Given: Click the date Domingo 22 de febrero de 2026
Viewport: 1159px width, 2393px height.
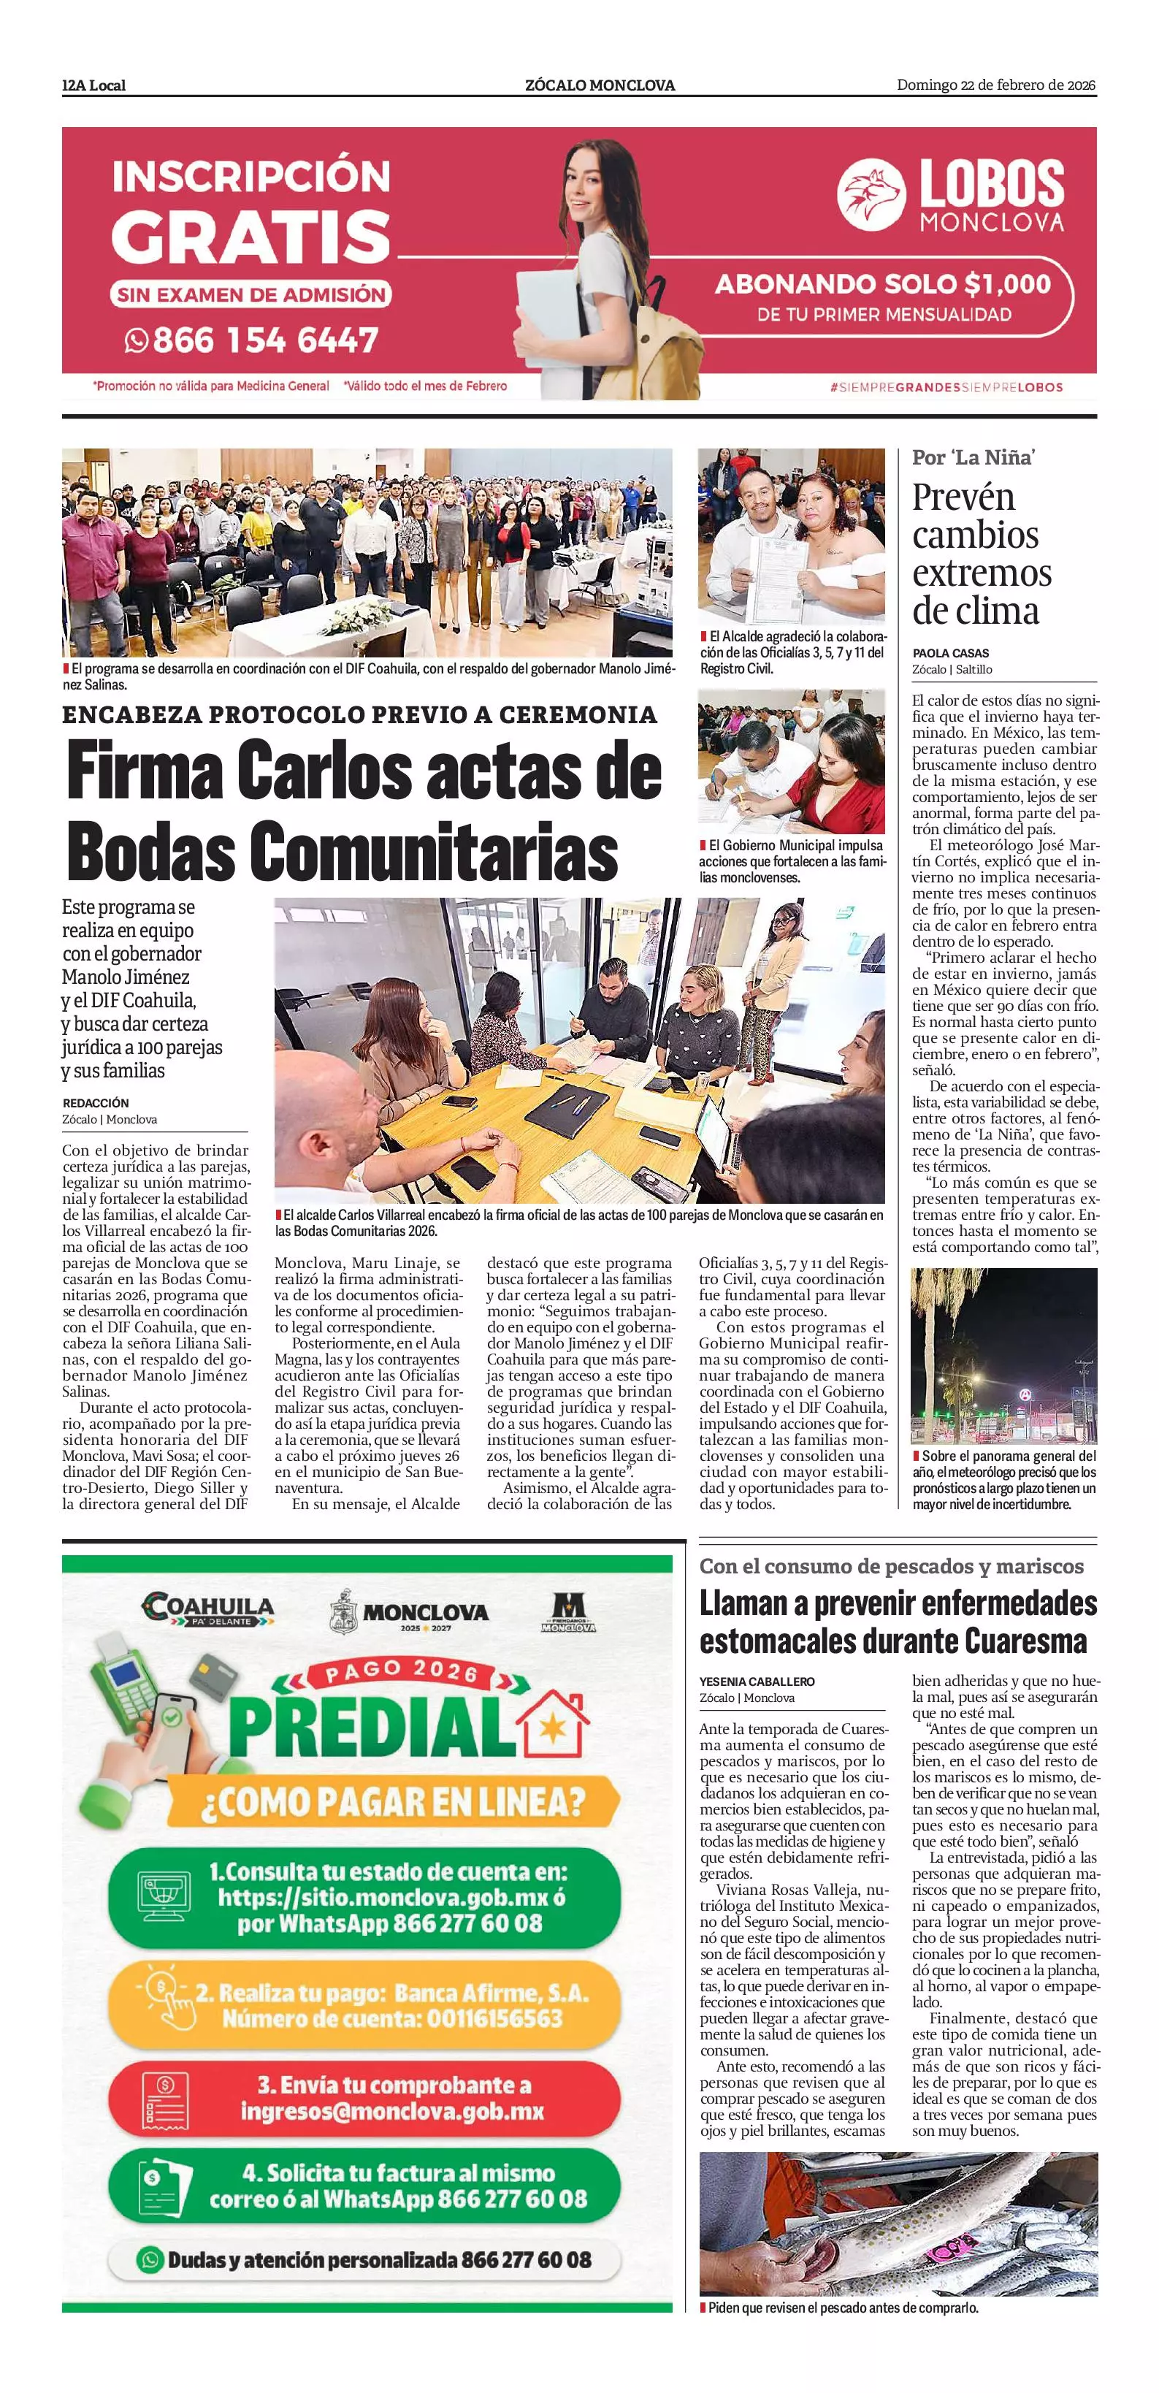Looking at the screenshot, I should pos(995,85).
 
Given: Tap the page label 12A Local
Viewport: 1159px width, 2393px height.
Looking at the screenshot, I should pos(93,85).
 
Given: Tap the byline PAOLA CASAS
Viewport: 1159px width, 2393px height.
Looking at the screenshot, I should pos(950,653).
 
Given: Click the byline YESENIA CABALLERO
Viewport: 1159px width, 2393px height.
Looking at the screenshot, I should pos(757,1682).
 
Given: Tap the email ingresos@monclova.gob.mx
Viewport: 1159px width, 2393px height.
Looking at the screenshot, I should pos(392,2112).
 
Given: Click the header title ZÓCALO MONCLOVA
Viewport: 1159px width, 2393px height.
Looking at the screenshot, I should pos(600,85).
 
